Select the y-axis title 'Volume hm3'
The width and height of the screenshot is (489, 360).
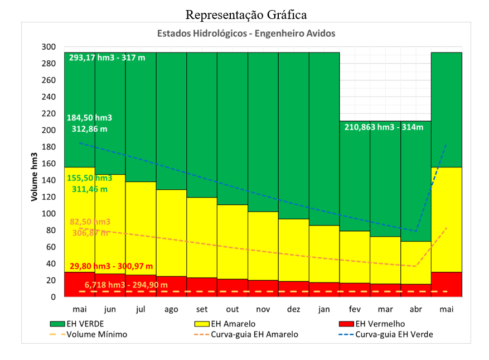pos(35,172)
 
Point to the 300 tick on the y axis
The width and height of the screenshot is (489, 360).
pos(49,47)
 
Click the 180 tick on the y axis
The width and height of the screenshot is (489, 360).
pos(49,147)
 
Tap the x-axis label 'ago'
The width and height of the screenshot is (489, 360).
pos(171,309)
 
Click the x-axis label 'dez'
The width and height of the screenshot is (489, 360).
pos(293,309)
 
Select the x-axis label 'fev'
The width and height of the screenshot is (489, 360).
pos(355,309)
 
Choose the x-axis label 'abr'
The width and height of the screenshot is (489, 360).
pos(415,309)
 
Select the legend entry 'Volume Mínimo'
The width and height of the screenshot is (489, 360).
pos(96,334)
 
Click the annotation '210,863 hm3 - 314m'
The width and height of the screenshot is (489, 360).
pos(384,127)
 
